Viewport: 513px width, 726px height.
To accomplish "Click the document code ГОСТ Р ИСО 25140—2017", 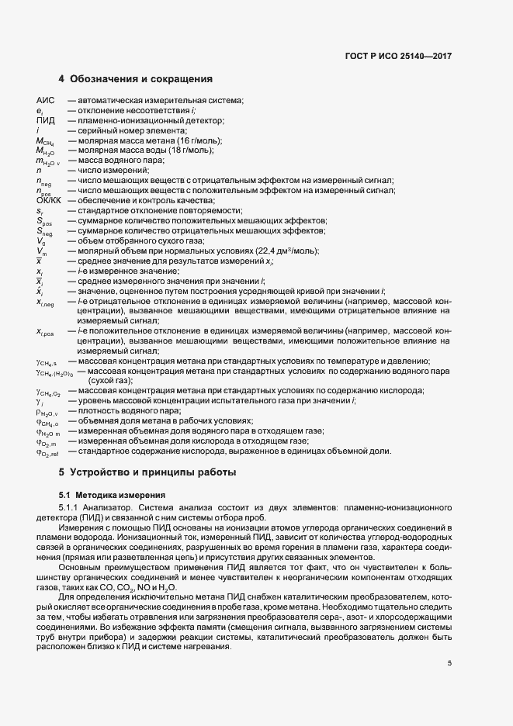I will [x=398, y=56].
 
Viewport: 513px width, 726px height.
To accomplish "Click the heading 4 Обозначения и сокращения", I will [x=135, y=79].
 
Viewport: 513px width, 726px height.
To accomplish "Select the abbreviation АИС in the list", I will [x=47, y=101].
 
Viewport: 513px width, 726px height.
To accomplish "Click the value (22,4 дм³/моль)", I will [x=283, y=251].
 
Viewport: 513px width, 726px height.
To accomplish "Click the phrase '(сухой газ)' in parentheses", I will [x=109, y=381].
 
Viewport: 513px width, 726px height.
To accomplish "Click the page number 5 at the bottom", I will [x=449, y=662].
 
